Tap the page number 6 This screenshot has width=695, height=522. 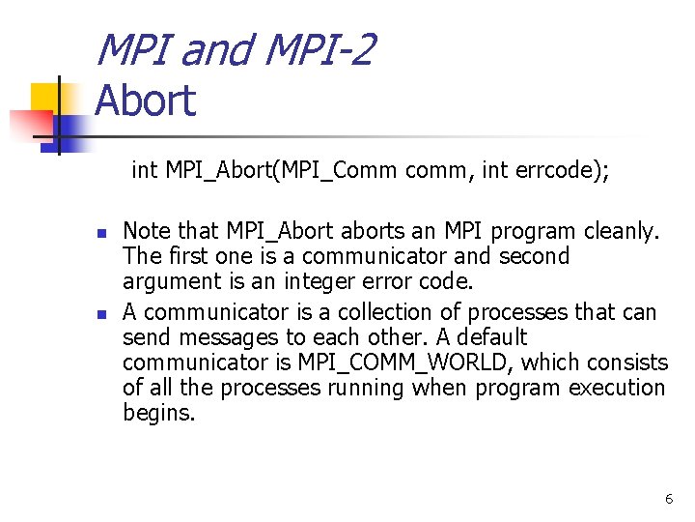pyautogui.click(x=669, y=499)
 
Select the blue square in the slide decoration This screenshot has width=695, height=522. pyautogui.click(x=69, y=129)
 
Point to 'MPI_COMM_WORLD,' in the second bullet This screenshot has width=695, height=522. pyautogui.click(x=400, y=362)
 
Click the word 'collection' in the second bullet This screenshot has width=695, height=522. pyautogui.click(x=362, y=312)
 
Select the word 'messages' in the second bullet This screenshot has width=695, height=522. pyautogui.click(x=217, y=337)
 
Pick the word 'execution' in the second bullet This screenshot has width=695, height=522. pyautogui.click(x=619, y=388)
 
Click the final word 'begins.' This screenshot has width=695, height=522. pyautogui.click(x=159, y=414)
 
